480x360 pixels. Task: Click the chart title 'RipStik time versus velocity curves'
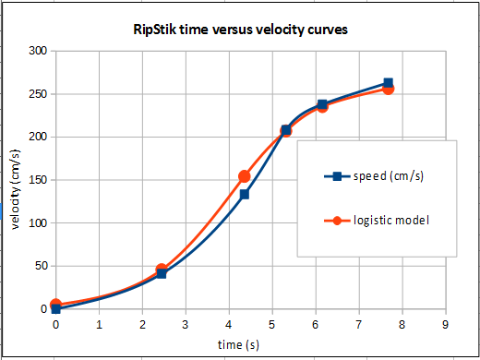(x=242, y=30)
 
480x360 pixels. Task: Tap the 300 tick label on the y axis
(x=36, y=50)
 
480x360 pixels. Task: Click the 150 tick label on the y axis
(x=36, y=180)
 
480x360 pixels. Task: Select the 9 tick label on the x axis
(x=446, y=324)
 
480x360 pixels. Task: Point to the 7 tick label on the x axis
(x=359, y=324)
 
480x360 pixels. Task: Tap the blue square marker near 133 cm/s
(x=245, y=194)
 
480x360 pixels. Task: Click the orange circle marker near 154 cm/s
(x=245, y=176)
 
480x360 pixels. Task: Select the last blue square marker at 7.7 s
(x=388, y=83)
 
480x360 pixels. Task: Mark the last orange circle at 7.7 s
(x=388, y=89)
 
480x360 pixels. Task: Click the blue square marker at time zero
(x=55, y=309)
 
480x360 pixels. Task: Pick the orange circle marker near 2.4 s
(x=162, y=270)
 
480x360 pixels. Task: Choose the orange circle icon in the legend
(x=337, y=221)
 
